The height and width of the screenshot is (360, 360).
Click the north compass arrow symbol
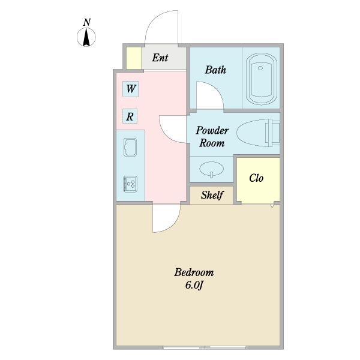pyautogui.click(x=86, y=37)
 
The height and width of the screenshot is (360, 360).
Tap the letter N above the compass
pyautogui.click(x=87, y=22)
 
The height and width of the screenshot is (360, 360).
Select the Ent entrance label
pyautogui.click(x=160, y=58)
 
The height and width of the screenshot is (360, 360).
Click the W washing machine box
pyautogui.click(x=130, y=89)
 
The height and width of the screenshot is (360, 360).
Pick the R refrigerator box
pyautogui.click(x=130, y=116)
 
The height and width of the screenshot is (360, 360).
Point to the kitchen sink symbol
pyautogui.click(x=130, y=147)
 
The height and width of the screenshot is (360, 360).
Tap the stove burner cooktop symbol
pyautogui.click(x=130, y=184)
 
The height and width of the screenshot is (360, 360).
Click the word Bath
pyautogui.click(x=215, y=70)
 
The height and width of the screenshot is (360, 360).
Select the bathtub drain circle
pyautogui.click(x=260, y=68)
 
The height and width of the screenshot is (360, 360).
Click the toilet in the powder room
pyautogui.click(x=258, y=133)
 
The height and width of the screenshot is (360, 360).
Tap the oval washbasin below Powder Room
pyautogui.click(x=211, y=169)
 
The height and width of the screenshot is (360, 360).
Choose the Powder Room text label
pyautogui.click(x=212, y=137)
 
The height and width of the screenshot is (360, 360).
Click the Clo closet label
pyautogui.click(x=256, y=178)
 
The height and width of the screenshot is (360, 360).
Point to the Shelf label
pyautogui.click(x=212, y=195)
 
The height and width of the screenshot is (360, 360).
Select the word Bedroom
pyautogui.click(x=194, y=272)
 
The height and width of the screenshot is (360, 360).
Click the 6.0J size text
pyautogui.click(x=194, y=286)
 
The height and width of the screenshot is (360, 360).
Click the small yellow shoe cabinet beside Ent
pyautogui.click(x=134, y=58)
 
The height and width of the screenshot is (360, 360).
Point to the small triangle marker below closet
pyautogui.click(x=272, y=205)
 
